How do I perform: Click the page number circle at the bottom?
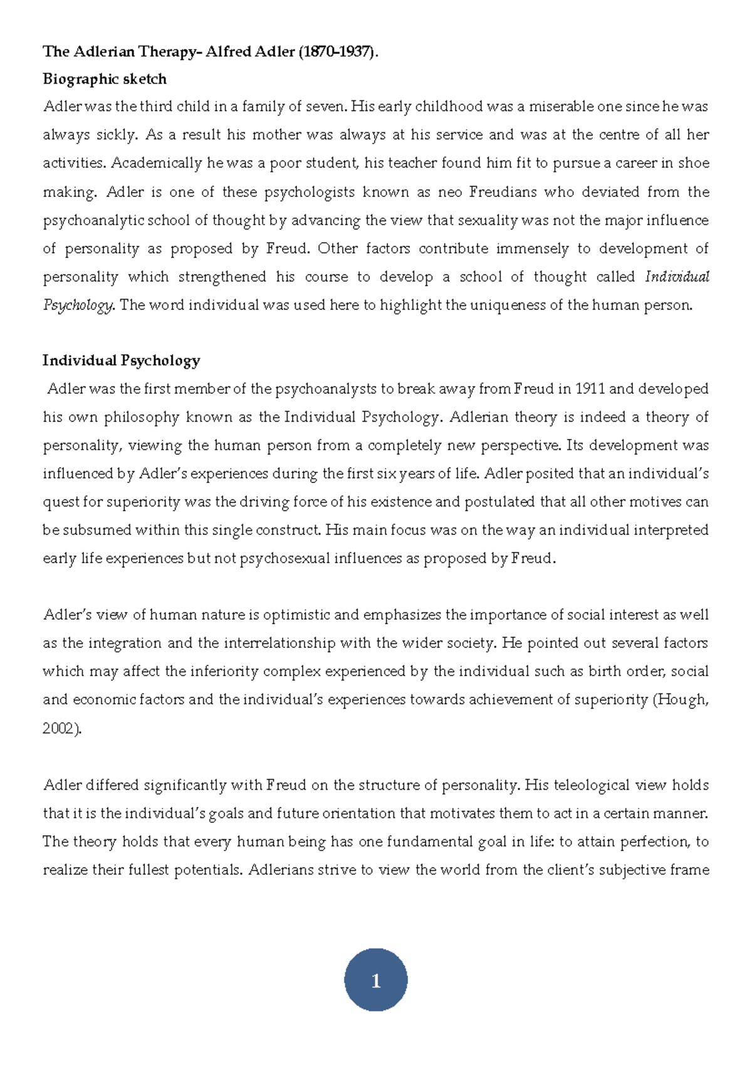(x=375, y=980)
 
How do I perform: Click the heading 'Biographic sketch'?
(x=104, y=79)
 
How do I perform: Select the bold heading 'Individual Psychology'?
(x=121, y=361)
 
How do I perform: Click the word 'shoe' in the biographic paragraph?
(x=694, y=163)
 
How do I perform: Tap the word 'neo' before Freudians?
(x=450, y=192)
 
